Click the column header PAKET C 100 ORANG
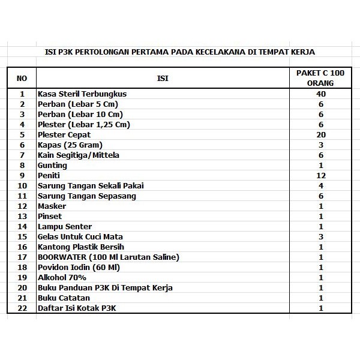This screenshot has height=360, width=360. tap(321, 78)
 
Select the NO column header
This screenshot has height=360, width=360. tap(22, 78)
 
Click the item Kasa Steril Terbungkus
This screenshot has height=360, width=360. tap(82, 94)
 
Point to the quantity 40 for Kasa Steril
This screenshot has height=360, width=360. tap(321, 94)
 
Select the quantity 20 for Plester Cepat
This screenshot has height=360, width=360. tap(321, 135)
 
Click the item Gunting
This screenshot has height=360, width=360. tap(50, 166)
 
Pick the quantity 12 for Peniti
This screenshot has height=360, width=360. tap(321, 176)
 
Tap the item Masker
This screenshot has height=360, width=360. tap(52, 206)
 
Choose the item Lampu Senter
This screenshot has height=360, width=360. tap(65, 227)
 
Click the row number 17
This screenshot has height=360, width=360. tap(22, 257)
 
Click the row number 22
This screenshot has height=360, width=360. tap(22, 308)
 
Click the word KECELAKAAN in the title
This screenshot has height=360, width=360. tap(215, 52)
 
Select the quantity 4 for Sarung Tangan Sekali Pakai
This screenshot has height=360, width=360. tap(321, 186)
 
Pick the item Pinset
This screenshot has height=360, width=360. tap(50, 217)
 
